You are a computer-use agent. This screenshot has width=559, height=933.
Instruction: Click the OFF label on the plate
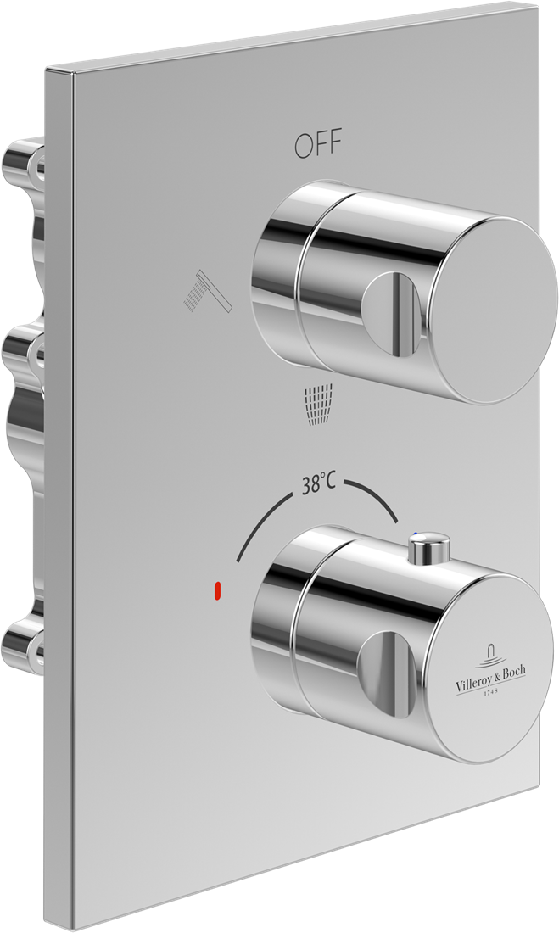pyautogui.click(x=318, y=146)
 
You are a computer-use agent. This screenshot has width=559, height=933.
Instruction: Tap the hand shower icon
pyautogui.click(x=208, y=292)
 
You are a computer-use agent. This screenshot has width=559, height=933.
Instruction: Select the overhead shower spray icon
pyautogui.click(x=318, y=404)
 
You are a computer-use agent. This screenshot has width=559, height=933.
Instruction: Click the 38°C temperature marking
pyautogui.click(x=318, y=484)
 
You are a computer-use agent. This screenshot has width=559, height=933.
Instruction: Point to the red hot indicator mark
pyautogui.click(x=218, y=590)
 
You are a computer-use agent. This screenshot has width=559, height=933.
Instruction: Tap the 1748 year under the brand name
pyautogui.click(x=490, y=693)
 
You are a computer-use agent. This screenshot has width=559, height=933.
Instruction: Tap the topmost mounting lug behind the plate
pyautogui.click(x=24, y=160)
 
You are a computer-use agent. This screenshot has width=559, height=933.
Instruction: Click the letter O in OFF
pyautogui.click(x=304, y=147)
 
